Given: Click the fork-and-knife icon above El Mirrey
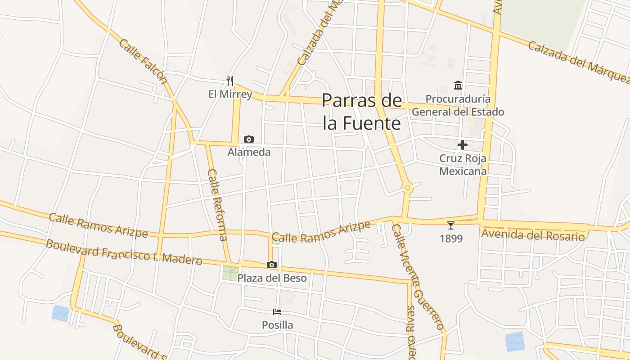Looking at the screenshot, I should click(x=230, y=81).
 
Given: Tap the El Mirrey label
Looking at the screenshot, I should click(x=230, y=94).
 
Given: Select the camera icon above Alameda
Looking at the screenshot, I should click(x=249, y=139).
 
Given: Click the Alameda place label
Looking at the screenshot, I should click(x=249, y=152).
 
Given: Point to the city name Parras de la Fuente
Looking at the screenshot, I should click(x=361, y=112).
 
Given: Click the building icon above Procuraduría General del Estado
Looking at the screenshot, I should click(x=458, y=85).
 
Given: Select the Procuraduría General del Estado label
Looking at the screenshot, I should click(x=458, y=105).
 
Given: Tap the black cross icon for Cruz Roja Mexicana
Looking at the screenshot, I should click(x=463, y=145).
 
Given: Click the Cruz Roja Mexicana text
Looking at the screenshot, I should click(x=463, y=165).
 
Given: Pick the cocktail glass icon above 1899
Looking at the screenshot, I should click(x=451, y=225).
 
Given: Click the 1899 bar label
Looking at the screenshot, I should click(x=451, y=238).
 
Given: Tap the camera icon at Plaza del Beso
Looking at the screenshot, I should click(x=272, y=265).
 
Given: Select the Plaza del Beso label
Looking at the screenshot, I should click(x=272, y=278).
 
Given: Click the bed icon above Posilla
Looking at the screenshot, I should click(x=277, y=312).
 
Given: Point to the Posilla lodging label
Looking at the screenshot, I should click(x=277, y=325).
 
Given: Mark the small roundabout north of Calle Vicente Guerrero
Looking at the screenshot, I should click(x=408, y=187).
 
